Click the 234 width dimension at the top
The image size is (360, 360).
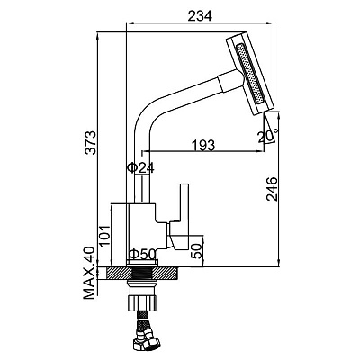200,15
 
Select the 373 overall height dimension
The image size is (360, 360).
90,142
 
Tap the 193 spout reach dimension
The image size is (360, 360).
203,145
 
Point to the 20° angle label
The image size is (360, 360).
268,136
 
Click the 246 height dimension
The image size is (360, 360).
272,189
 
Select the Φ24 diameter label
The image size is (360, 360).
140,168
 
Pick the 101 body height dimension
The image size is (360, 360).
104,235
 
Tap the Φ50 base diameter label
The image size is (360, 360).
142,255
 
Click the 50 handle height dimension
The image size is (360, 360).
197,250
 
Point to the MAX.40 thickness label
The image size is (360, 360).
89,273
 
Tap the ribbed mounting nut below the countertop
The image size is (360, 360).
142,303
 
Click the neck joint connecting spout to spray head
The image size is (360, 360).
230,80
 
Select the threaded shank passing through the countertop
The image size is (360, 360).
142,274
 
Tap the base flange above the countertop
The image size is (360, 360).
142,263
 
